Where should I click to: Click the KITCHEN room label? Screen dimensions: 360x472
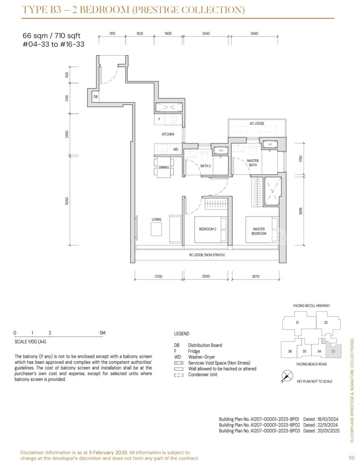[168, 134]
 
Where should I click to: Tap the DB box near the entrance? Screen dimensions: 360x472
[95, 97]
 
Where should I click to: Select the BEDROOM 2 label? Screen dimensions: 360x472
[207, 229]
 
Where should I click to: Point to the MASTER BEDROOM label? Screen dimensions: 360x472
[259, 231]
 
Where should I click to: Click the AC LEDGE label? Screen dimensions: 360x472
[257, 123]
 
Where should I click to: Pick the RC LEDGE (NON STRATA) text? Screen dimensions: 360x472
[206, 255]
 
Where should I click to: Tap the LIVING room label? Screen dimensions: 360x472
[156, 219]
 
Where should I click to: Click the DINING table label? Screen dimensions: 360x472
[163, 168]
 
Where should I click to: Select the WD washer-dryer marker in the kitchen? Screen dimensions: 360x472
[176, 149]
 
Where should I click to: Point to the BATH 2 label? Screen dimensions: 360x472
[206, 166]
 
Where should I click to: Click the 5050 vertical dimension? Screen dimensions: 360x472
[67, 201]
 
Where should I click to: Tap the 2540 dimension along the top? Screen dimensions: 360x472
[206, 34]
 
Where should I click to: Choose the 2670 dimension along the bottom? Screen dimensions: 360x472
[256, 276]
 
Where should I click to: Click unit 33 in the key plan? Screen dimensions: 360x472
[333, 351]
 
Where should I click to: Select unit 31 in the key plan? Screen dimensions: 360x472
[297, 322]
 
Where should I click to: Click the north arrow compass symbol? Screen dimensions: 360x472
[287, 376]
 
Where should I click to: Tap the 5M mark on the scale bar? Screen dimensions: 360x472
[103, 333]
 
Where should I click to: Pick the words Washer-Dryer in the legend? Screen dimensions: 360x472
[202, 357]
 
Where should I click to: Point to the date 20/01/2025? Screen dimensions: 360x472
[329, 431]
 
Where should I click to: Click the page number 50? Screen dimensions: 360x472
[351, 457]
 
